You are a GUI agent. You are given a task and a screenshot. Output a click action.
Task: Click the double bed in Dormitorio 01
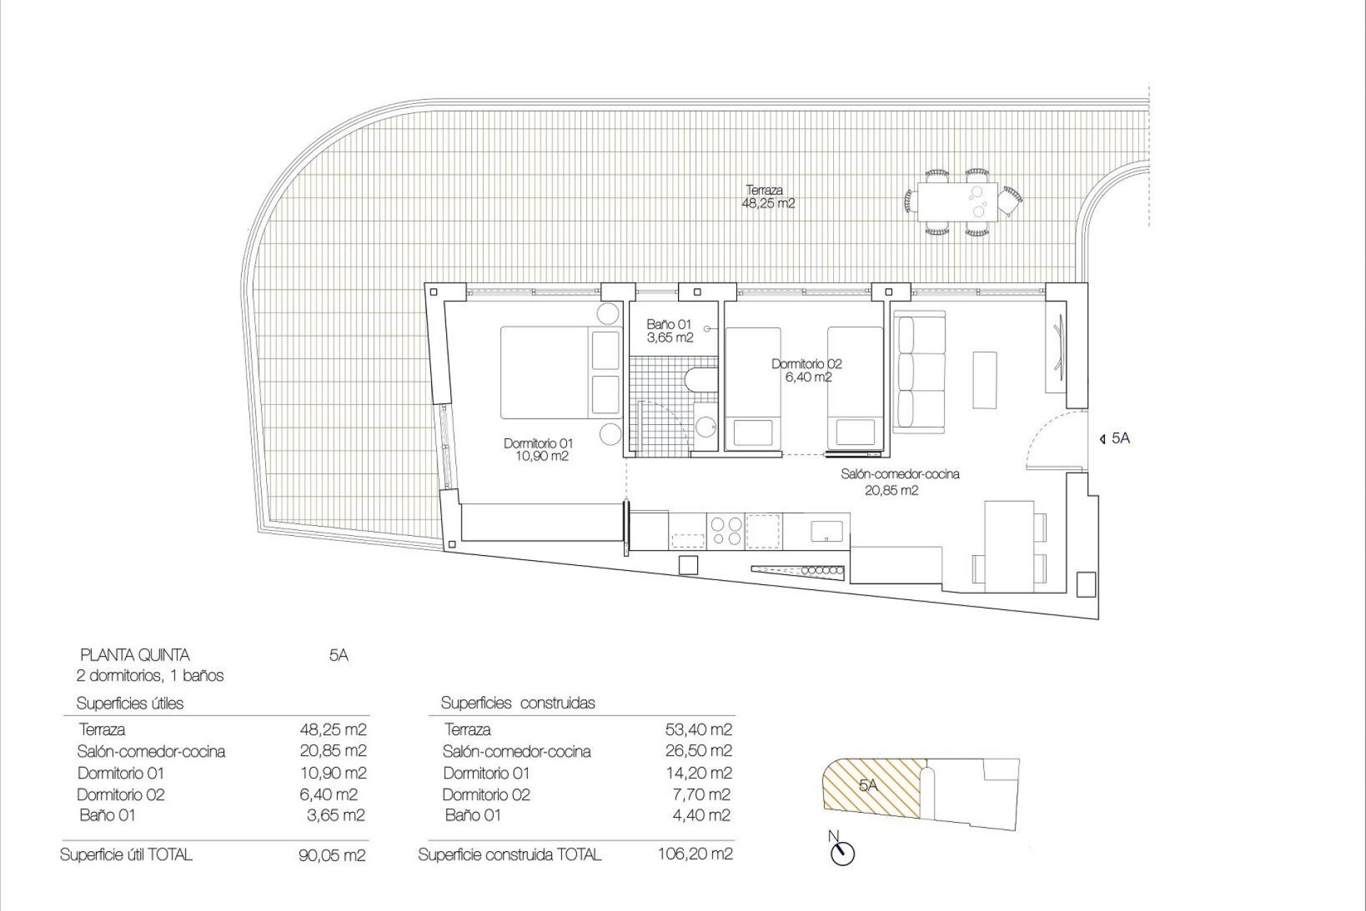pyautogui.click(x=548, y=372)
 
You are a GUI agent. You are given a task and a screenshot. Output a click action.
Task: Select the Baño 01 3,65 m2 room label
pyautogui.click(x=669, y=331)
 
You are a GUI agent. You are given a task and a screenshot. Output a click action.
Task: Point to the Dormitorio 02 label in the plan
pyautogui.click(x=807, y=370)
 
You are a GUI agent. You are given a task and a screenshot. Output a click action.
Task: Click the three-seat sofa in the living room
pyautogui.click(x=920, y=374)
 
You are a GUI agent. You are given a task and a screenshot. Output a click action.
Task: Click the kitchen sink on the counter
pyautogui.click(x=827, y=531)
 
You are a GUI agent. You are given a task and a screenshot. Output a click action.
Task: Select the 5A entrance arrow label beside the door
pyautogui.click(x=1115, y=438)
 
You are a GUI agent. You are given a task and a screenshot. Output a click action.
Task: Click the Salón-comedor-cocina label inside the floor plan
pyautogui.click(x=899, y=481)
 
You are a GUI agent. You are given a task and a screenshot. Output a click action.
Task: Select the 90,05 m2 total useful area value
pyautogui.click(x=332, y=855)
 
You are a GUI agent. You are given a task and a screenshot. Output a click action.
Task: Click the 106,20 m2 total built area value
pyautogui.click(x=695, y=854)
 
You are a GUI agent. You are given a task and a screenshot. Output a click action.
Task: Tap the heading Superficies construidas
pyautogui.click(x=517, y=703)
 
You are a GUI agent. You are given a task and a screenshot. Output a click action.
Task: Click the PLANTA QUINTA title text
pyautogui.click(x=135, y=655)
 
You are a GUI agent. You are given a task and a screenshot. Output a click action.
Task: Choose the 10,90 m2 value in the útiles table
pyautogui.click(x=332, y=772)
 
